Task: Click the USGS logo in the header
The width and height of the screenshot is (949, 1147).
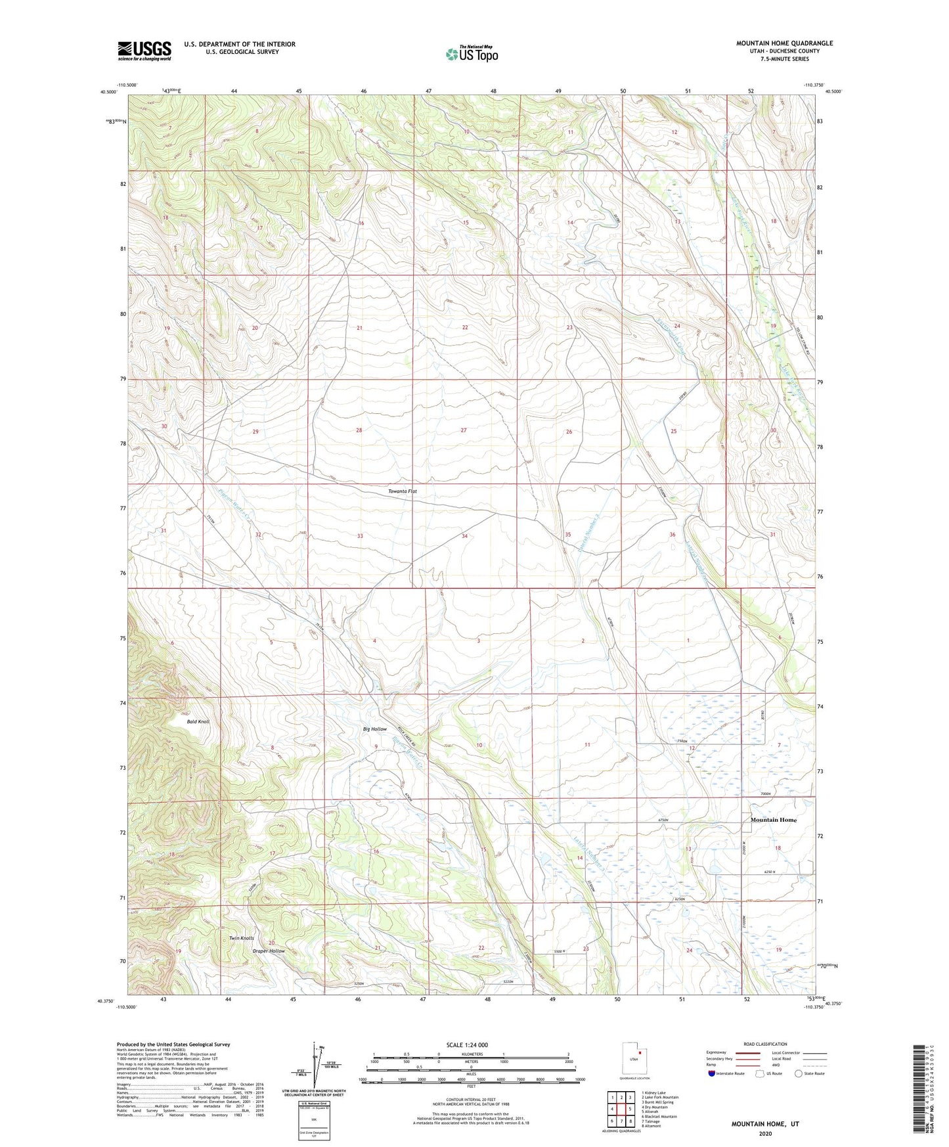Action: coord(144,51)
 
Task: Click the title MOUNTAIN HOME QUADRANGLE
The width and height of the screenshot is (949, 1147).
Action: coord(784,43)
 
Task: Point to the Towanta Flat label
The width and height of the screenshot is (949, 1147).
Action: coord(402,491)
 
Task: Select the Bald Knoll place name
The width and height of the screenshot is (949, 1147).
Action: coord(198,721)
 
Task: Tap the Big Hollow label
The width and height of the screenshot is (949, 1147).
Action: coord(374,729)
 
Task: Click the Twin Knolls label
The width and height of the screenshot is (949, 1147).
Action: coord(241,938)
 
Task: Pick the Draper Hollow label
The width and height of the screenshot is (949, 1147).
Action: coord(269,951)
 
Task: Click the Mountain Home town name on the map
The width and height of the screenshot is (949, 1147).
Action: coord(773,820)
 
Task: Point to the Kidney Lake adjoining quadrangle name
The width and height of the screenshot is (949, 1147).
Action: coord(652,1093)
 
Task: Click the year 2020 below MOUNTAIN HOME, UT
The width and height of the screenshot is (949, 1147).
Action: coord(765,1133)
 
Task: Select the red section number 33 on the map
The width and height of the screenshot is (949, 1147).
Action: coord(360,536)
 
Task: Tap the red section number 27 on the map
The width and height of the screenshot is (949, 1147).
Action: coord(464,430)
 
